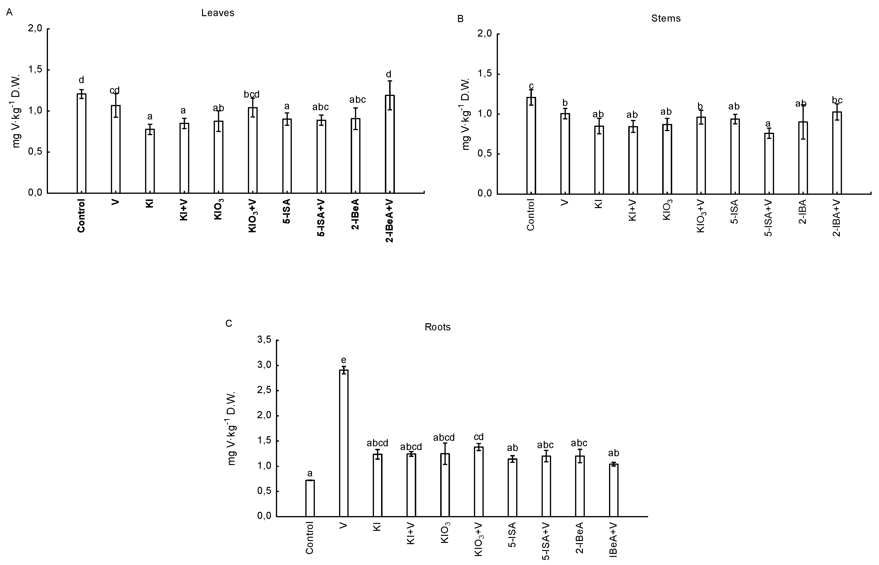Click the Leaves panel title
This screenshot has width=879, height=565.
pos(217,13)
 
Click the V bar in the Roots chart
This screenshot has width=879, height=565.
pos(344,442)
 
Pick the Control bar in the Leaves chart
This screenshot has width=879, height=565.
pos(81,143)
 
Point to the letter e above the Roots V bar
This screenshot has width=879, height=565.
pos(344,360)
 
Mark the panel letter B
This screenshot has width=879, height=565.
pos(461,19)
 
